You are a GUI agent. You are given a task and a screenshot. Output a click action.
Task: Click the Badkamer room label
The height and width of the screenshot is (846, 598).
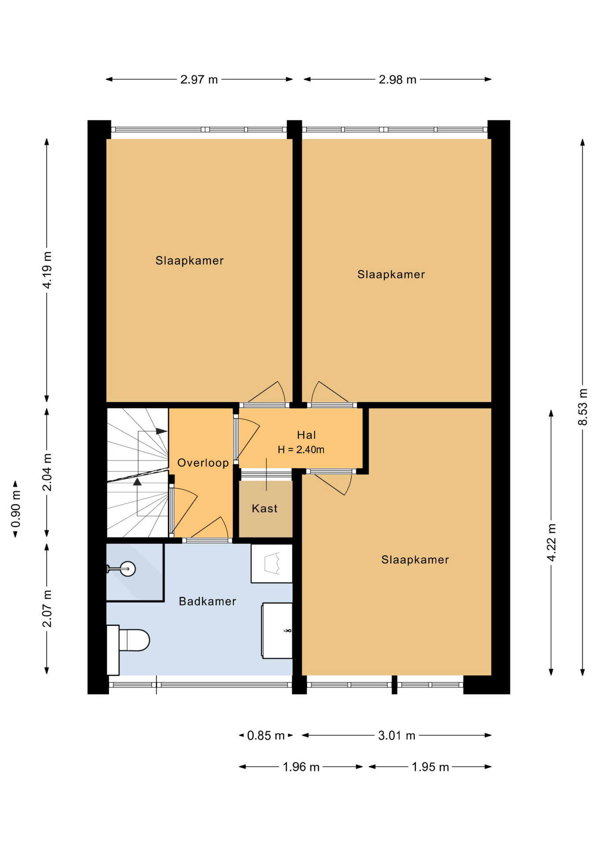pos(207,601)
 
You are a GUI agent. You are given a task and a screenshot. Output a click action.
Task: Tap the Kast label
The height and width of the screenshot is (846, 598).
pos(265,508)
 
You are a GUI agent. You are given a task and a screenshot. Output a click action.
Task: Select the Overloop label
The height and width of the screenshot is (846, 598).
pos(203,463)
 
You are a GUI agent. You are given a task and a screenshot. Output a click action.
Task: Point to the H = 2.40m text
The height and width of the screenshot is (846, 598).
pos(301,450)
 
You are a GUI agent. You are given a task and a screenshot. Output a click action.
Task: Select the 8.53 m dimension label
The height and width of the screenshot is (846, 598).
pos(583,407)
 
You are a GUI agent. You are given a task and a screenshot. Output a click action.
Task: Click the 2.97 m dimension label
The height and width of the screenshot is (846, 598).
pos(199,80)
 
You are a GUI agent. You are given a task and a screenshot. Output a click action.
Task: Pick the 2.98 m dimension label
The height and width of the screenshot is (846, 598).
pos(398,80)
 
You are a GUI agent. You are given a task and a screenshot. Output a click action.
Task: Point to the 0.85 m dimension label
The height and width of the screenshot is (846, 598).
pos(266,736)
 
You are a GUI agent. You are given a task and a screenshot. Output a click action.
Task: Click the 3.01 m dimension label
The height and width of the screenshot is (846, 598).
pos(397,736)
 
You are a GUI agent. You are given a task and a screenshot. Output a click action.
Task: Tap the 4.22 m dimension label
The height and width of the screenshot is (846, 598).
pos(551,542)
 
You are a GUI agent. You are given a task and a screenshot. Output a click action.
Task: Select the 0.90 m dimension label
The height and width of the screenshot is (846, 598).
pos(15,509)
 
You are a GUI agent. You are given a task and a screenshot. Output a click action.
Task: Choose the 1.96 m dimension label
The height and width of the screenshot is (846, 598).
pos(301,767)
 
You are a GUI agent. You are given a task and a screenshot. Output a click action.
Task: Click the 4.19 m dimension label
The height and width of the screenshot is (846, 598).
pos(47,270)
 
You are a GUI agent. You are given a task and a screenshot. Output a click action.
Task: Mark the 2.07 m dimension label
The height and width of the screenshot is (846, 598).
pos(47,609)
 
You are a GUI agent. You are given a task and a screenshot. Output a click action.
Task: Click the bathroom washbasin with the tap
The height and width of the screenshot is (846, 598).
pos(277,631)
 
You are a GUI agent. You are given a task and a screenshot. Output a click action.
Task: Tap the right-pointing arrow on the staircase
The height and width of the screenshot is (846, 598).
pos(162,431)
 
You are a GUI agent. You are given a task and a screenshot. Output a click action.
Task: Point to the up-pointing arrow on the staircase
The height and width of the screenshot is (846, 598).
pos(137,482)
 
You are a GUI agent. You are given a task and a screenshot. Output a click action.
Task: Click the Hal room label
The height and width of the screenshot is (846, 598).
pos(306,435)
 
